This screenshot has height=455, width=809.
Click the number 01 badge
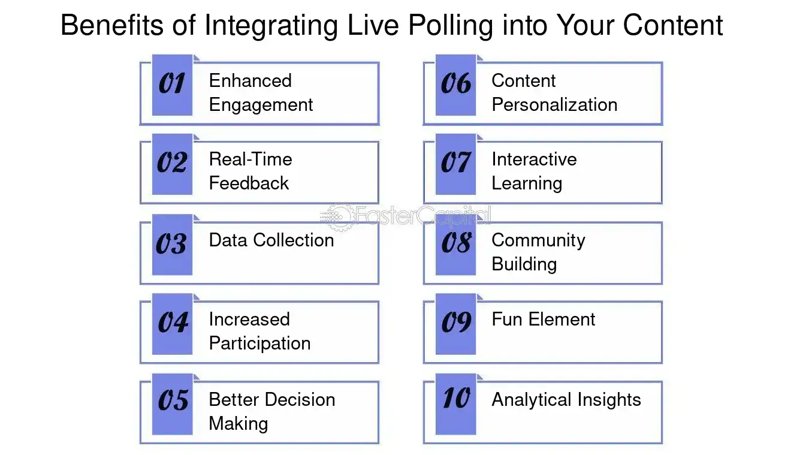coord(172,85)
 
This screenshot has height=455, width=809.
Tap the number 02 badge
coord(172,164)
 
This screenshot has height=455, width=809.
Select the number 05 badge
coord(172,403)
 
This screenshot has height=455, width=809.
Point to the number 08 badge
coord(455,245)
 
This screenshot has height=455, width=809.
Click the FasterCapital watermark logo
coord(406,216)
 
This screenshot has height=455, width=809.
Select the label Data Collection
coord(271,240)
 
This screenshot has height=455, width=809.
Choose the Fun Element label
coord(543,320)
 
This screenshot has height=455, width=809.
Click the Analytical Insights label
coord(566,400)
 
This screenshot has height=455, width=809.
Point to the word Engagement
coord(261,105)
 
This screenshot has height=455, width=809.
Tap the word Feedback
coord(249,183)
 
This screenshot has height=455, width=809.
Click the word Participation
coord(259,343)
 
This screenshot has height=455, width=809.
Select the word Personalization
coord(554,105)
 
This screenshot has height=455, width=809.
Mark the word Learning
coord(527,183)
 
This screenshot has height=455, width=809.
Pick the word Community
coord(538,240)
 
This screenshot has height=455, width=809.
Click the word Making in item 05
coord(238,424)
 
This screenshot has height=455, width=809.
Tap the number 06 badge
coord(455,85)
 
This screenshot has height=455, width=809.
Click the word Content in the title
coord(672,26)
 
